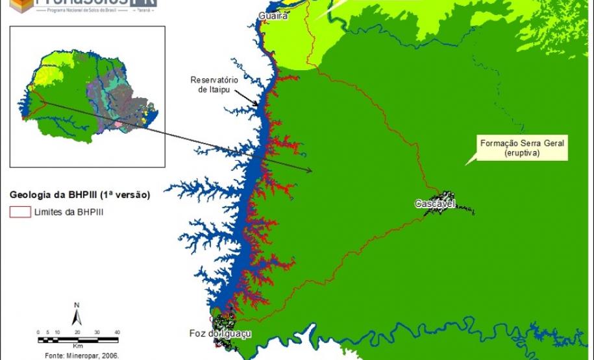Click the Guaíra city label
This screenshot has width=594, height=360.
click(273, 16)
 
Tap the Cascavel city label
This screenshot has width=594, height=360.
click(434, 204)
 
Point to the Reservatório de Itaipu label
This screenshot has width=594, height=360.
click(214, 84)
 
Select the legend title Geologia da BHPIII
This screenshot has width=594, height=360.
click(80, 194)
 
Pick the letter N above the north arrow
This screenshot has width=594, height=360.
click(77, 304)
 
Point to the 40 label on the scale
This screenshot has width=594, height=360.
click(118, 332)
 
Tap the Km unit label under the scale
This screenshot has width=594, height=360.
click(78, 347)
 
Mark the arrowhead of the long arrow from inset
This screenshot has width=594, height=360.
click(310, 171)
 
